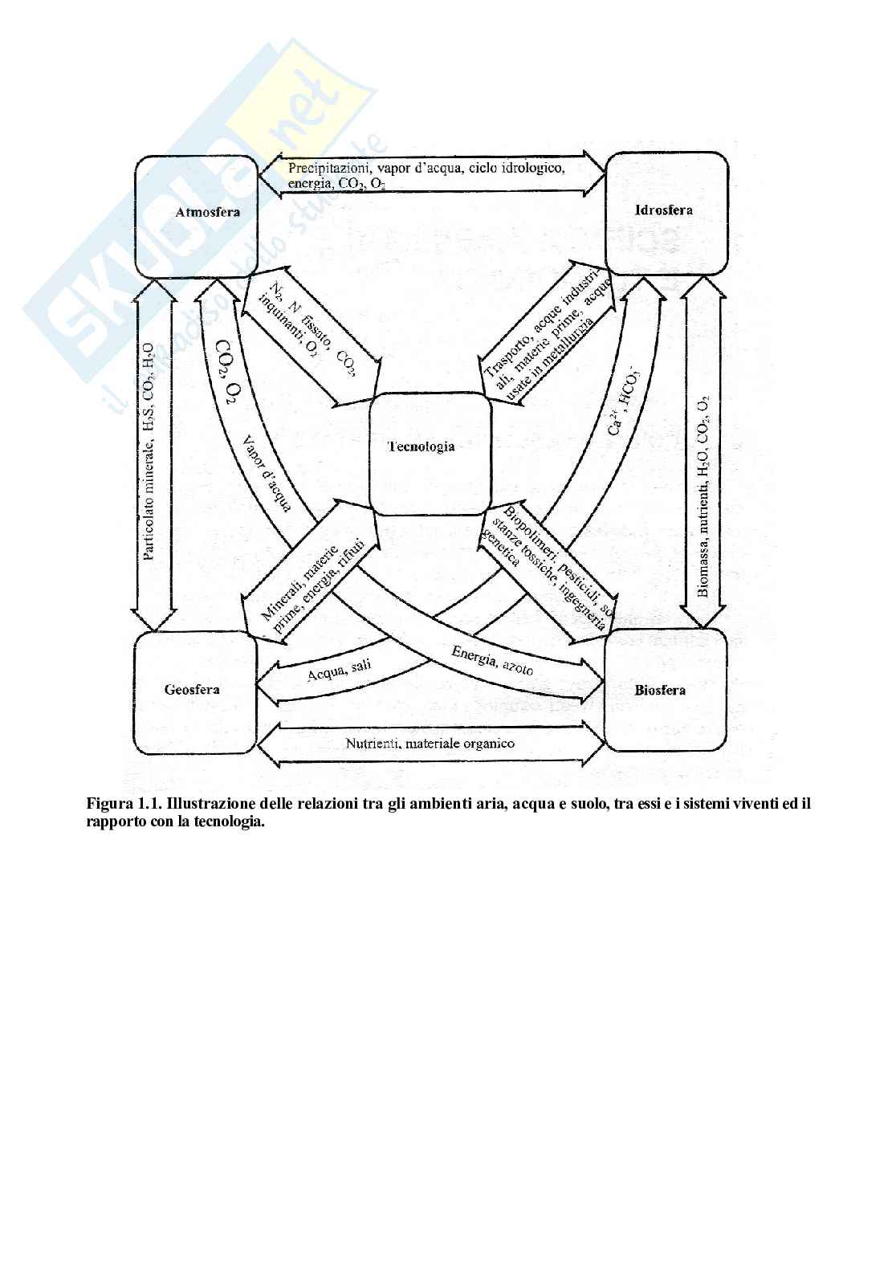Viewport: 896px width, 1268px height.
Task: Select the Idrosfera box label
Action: [663, 210]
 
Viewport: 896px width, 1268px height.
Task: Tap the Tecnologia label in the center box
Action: [421, 446]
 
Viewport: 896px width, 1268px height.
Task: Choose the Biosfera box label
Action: [660, 690]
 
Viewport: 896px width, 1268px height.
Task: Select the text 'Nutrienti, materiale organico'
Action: [430, 744]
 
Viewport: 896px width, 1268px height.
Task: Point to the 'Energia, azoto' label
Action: [492, 660]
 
